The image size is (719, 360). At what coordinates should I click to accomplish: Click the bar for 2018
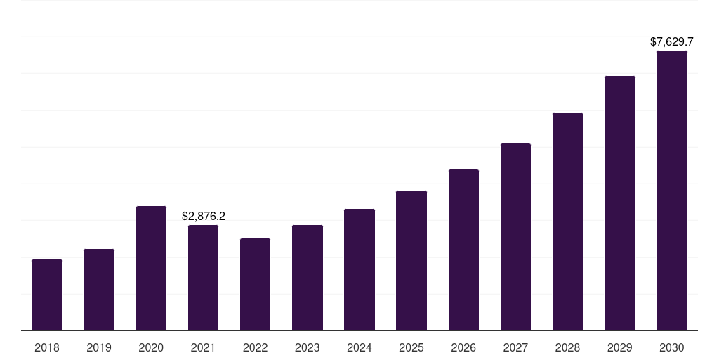[x=47, y=295]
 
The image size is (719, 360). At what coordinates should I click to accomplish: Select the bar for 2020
[x=151, y=269]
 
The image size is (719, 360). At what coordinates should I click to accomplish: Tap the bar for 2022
[x=255, y=285]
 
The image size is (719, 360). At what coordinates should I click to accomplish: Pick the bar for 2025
[x=411, y=261]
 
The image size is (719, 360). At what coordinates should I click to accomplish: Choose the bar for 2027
[x=515, y=237]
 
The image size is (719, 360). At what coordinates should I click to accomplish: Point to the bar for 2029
[x=620, y=203]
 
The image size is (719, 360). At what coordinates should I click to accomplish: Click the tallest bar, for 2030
[x=672, y=191]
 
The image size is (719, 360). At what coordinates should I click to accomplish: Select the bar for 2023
[x=308, y=278]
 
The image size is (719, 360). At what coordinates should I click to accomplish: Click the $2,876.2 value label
[x=204, y=216]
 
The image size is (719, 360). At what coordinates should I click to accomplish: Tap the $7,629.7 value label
[x=672, y=42]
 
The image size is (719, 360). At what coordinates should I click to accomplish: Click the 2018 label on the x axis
[x=47, y=347]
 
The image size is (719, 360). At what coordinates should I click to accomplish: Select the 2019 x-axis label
[x=99, y=347]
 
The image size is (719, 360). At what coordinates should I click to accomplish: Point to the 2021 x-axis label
[x=204, y=347]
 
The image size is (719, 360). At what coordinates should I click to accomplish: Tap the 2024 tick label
[x=359, y=347]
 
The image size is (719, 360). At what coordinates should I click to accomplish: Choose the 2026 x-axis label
[x=463, y=347]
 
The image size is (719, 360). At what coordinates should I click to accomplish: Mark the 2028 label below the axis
[x=568, y=347]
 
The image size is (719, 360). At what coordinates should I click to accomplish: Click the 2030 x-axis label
[x=672, y=347]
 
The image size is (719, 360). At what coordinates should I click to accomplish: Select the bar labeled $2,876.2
[x=204, y=278]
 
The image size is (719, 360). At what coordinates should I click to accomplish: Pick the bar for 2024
[x=359, y=270]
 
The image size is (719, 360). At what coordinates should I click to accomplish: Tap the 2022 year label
[x=255, y=347]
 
